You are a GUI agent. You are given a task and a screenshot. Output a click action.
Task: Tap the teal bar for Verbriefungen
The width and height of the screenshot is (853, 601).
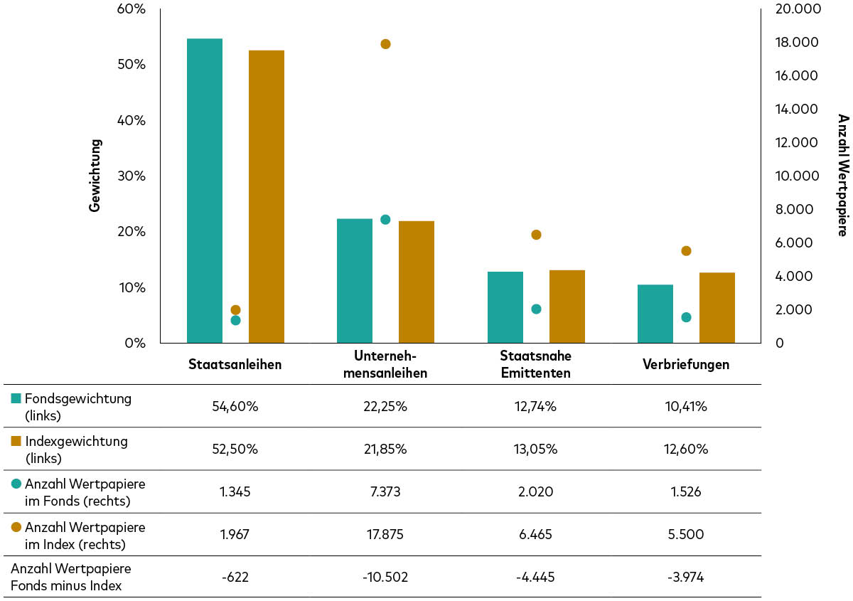tap(655, 314)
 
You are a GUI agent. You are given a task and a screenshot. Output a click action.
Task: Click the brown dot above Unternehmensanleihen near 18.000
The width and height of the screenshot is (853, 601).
tap(385, 44)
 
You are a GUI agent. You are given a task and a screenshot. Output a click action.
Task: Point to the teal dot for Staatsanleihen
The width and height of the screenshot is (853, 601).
tap(235, 320)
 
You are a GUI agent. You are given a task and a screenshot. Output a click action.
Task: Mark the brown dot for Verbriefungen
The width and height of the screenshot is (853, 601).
tap(686, 250)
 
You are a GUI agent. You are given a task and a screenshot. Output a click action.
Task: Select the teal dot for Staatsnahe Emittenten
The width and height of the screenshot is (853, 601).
tap(536, 309)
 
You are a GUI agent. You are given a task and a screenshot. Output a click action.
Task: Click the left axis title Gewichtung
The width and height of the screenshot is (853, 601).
tap(95, 175)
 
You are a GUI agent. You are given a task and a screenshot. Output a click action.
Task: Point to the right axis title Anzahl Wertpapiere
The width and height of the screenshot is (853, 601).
tap(842, 175)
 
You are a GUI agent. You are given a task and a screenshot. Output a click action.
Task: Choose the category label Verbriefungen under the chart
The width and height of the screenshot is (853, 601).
tap(686, 364)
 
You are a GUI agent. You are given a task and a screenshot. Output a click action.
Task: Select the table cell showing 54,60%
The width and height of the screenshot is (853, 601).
tap(235, 406)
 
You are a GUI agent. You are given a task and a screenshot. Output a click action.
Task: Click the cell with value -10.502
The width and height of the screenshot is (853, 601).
tap(385, 577)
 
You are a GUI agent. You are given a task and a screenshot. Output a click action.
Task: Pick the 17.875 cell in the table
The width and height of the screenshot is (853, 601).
tap(385, 534)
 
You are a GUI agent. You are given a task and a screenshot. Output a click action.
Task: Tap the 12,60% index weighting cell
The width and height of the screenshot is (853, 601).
tap(686, 449)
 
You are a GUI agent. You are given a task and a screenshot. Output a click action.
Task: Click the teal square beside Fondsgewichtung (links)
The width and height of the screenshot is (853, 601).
tap(16, 399)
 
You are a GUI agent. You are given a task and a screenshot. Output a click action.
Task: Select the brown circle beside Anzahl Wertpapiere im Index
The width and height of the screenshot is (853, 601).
tap(16, 527)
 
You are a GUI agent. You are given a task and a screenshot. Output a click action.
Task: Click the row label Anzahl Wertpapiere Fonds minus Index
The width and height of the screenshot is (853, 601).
tap(71, 577)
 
